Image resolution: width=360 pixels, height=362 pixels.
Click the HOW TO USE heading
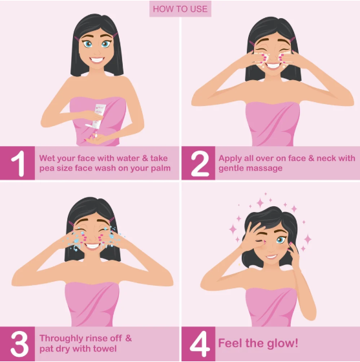[180, 9]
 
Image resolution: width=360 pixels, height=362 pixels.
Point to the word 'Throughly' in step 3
[62, 338]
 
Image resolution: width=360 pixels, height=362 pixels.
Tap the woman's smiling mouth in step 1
[96, 60]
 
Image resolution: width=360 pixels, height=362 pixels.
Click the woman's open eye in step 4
[281, 240]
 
